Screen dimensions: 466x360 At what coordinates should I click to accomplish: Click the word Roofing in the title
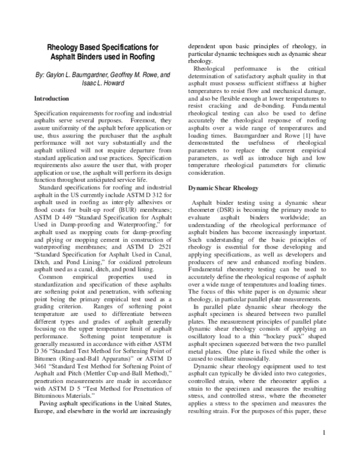tap(140, 57)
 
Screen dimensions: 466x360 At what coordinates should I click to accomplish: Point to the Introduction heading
tap(51, 98)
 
